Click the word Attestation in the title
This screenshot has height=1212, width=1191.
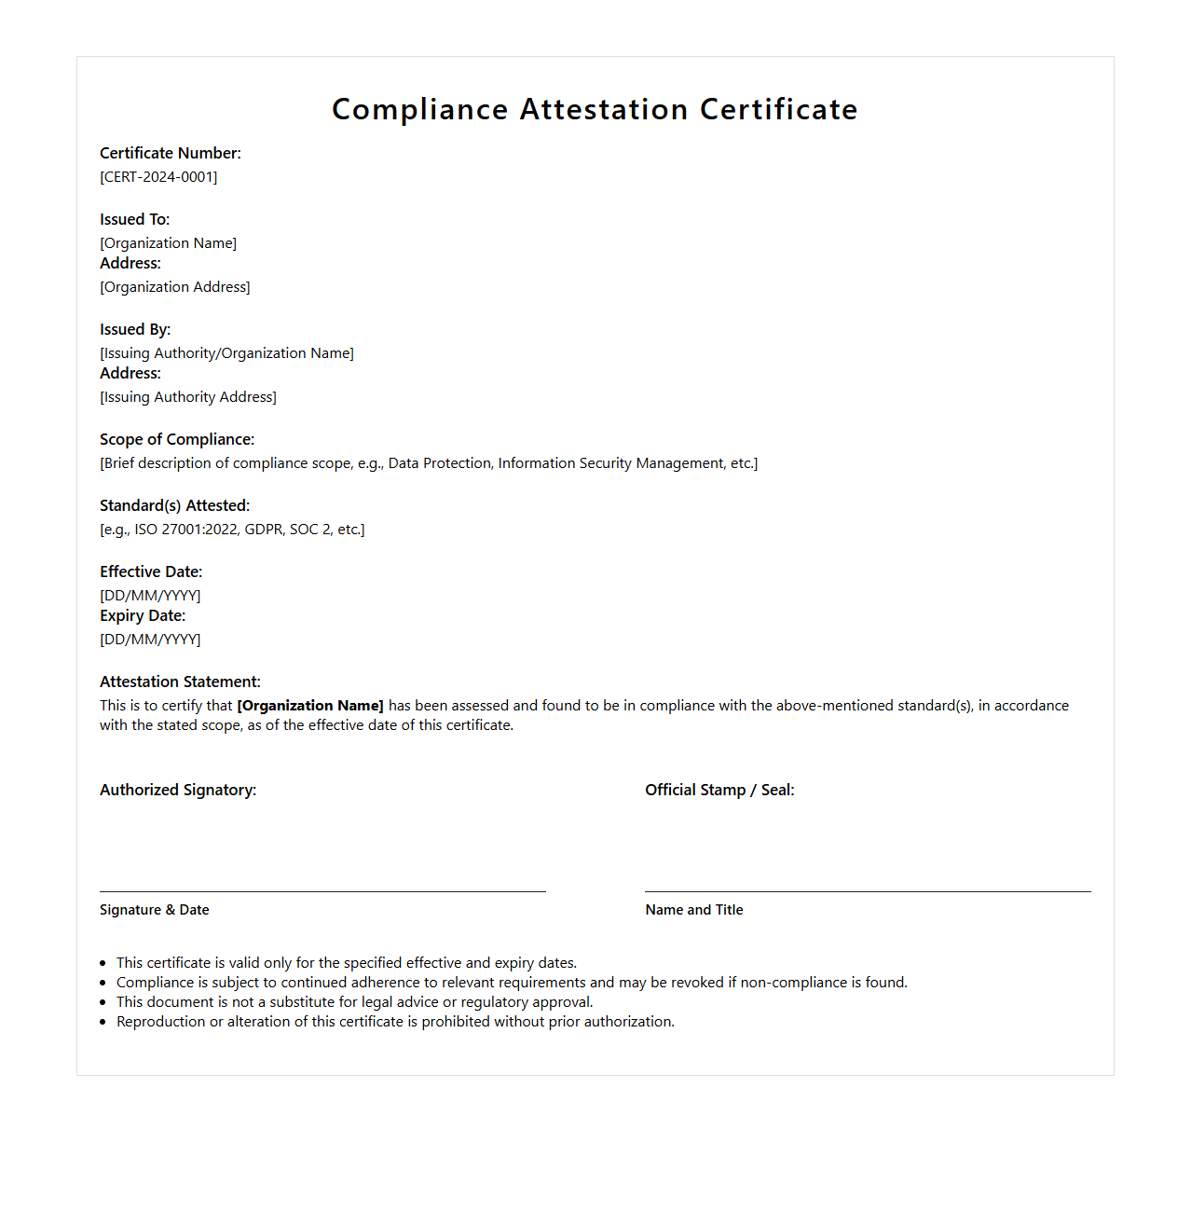click(x=604, y=110)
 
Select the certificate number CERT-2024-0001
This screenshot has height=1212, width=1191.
click(x=158, y=177)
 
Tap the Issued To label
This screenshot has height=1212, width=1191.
click(x=134, y=220)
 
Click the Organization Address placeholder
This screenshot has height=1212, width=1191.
click(x=175, y=287)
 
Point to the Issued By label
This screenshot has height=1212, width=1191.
click(x=135, y=330)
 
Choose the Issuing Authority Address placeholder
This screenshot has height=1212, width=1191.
click(x=188, y=397)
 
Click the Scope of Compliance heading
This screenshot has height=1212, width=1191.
click(x=177, y=440)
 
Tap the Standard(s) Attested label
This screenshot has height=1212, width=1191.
click(x=174, y=506)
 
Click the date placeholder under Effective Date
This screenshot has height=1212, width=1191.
click(x=150, y=596)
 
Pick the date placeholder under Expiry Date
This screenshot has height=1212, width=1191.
click(x=150, y=640)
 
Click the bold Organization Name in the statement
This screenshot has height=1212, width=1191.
click(x=310, y=706)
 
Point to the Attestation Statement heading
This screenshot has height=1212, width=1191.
click(x=180, y=682)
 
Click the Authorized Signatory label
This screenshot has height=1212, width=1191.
click(x=178, y=791)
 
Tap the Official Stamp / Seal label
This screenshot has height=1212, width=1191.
click(x=719, y=791)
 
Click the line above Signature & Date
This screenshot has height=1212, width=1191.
click(x=322, y=891)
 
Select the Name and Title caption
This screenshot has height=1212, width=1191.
click(x=694, y=910)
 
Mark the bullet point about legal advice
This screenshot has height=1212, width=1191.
click(x=354, y=1002)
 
